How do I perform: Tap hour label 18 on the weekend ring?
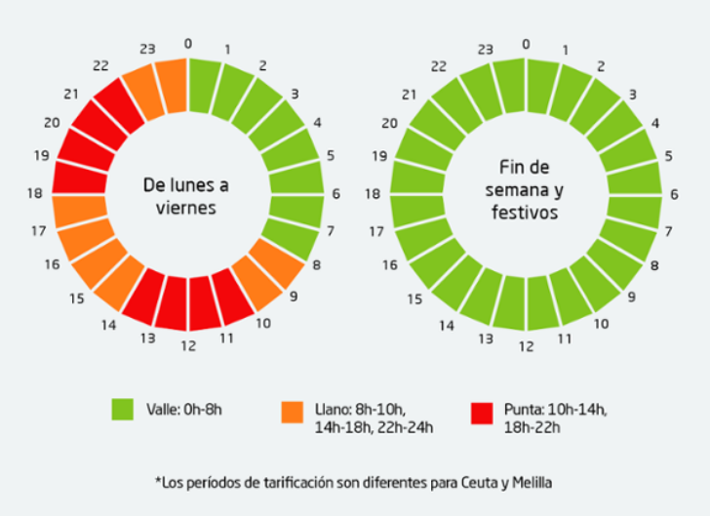click(372, 194)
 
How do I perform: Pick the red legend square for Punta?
click(480, 412)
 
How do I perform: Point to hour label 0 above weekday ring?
click(188, 43)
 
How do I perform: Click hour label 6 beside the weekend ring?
click(674, 194)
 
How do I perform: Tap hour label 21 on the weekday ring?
click(70, 94)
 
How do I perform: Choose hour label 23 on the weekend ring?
click(485, 50)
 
